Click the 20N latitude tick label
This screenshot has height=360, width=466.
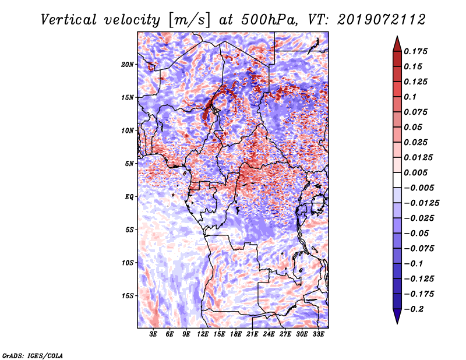[x=128, y=64]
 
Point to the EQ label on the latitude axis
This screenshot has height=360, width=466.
[x=129, y=197]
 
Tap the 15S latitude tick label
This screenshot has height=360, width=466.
[x=128, y=296]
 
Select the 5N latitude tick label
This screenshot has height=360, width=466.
[x=129, y=164]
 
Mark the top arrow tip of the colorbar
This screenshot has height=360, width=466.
[x=397, y=37]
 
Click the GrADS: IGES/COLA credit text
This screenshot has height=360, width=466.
[x=33, y=355]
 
